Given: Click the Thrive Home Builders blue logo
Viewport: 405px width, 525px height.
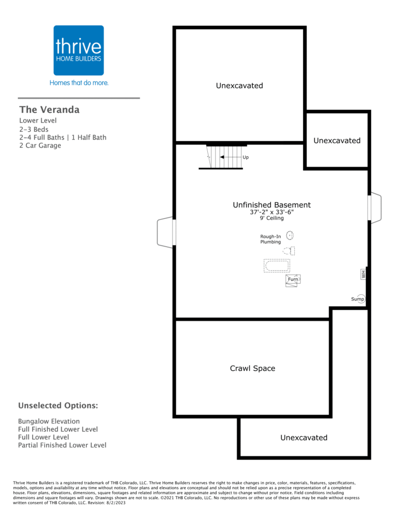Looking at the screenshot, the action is tap(78, 50).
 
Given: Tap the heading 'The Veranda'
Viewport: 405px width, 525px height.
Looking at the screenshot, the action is tap(50, 110).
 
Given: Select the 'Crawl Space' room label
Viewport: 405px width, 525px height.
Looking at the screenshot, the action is tap(252, 368).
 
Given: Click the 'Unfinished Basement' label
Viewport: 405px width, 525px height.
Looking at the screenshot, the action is tap(271, 205).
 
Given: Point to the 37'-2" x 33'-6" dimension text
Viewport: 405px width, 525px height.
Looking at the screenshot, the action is tap(271, 212).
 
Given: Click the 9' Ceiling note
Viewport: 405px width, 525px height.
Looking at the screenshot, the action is tap(271, 218).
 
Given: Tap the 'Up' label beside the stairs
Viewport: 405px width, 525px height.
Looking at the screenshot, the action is tap(245, 157).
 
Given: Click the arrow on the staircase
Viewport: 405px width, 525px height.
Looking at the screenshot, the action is tap(231, 157).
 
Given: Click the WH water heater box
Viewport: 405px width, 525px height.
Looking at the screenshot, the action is tap(363, 274).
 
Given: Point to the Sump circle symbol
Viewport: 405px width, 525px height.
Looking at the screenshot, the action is tap(360, 299).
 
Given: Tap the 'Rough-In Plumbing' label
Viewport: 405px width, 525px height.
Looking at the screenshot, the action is tap(270, 239).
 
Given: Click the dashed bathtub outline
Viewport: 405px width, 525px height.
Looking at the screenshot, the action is tap(277, 266).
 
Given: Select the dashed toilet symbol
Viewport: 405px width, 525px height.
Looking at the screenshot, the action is tap(289, 250).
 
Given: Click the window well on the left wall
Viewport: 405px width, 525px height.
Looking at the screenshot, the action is tap(166, 232).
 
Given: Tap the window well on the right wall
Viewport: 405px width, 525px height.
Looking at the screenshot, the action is tap(375, 208).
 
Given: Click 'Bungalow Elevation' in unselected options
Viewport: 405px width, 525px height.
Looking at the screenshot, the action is tap(49, 421).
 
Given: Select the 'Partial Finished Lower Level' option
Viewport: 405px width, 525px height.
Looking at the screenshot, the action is tap(62, 445).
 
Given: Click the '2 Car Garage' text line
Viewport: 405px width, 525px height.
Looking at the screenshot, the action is tap(40, 145).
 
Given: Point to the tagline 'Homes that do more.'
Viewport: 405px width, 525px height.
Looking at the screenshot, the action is tap(79, 83).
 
